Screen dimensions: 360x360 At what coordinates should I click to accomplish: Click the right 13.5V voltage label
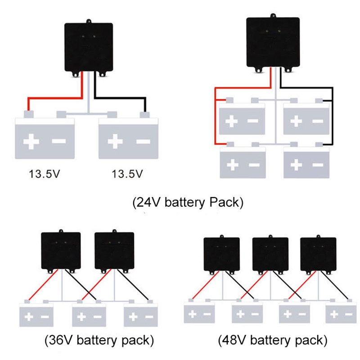click(127, 174)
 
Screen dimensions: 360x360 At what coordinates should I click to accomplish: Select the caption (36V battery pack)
click(100, 340)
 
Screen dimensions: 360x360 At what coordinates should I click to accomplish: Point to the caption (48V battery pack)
click(273, 340)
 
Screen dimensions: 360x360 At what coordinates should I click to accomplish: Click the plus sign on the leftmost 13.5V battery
click(31, 141)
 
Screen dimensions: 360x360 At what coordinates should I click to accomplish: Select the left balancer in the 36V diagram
click(61, 251)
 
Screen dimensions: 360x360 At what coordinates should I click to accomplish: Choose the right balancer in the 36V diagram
click(114, 251)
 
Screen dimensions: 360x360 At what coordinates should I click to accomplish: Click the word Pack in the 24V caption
click(226, 202)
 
